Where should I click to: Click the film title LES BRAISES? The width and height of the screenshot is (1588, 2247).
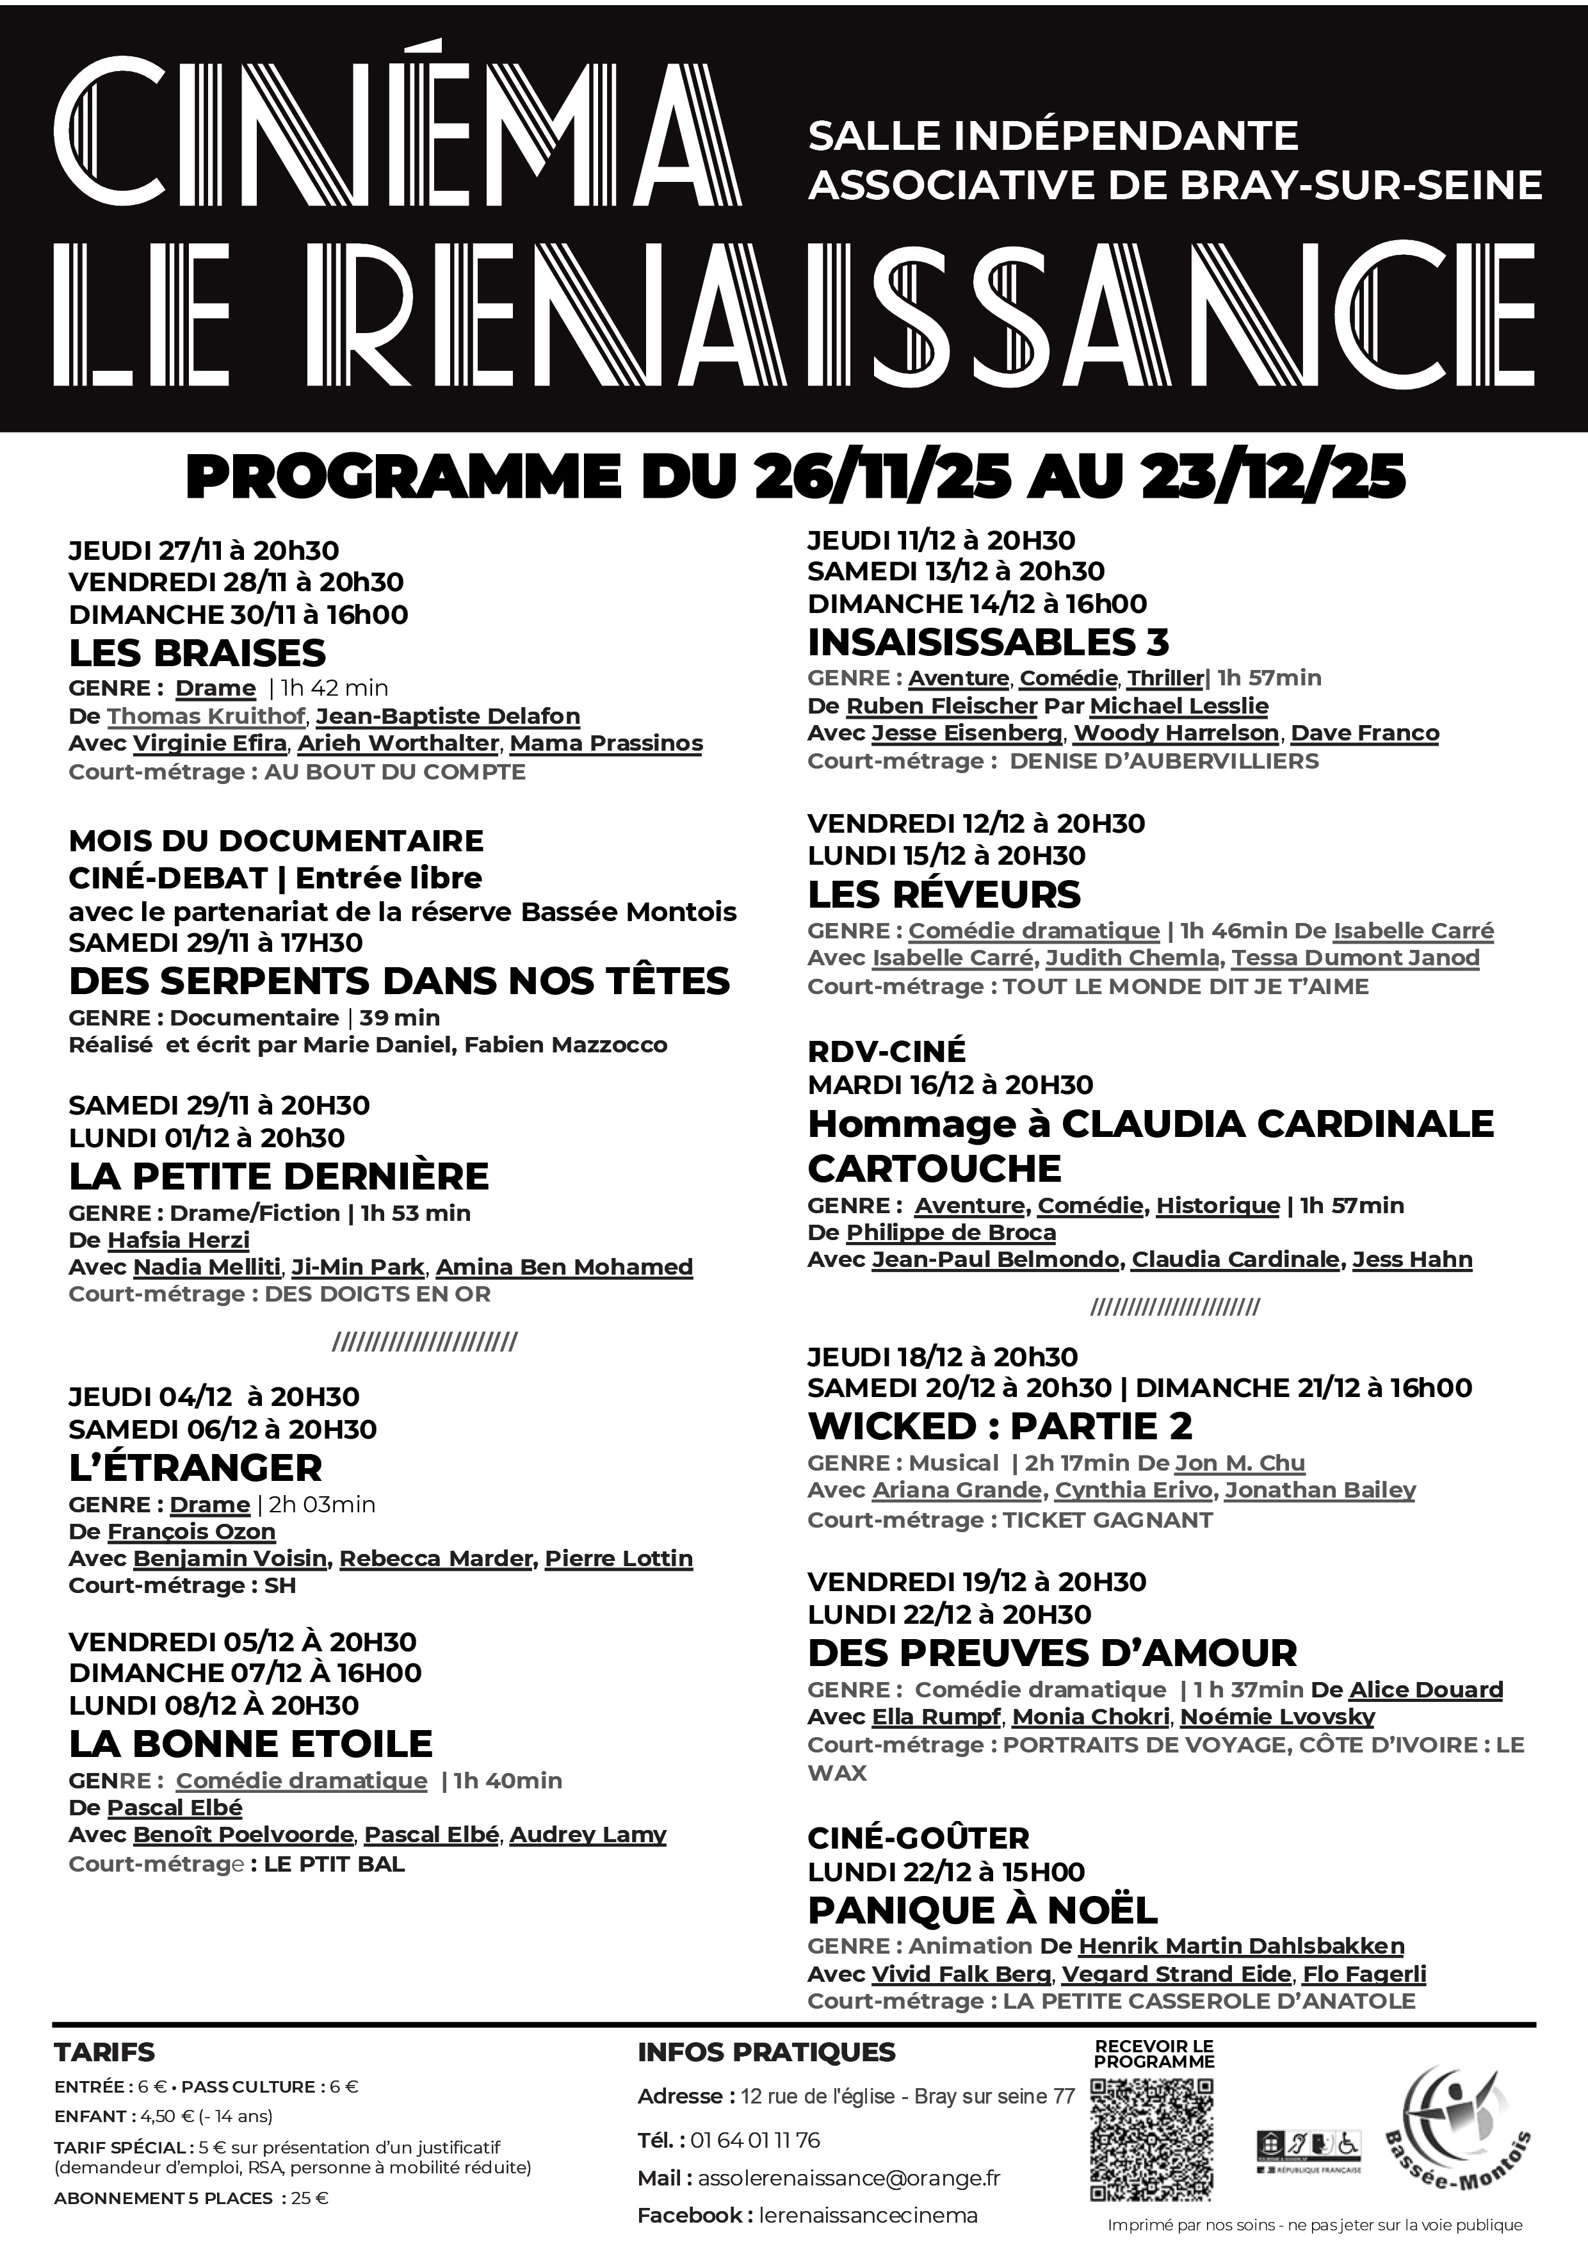[197, 653]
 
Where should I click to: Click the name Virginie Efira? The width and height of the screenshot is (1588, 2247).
[209, 743]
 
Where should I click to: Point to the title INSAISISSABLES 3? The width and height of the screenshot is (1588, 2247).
[988, 642]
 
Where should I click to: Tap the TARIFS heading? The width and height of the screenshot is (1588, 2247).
[104, 2052]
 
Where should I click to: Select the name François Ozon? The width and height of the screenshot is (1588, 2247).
[191, 1532]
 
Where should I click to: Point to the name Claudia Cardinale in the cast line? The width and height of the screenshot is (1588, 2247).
[1235, 1259]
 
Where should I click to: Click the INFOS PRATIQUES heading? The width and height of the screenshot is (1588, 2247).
[766, 2052]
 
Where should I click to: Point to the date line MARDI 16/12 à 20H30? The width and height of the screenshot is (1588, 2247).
[950, 1084]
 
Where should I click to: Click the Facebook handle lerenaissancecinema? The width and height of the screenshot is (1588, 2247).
[868, 2215]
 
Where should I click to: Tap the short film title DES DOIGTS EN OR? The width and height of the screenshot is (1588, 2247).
[378, 1294]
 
